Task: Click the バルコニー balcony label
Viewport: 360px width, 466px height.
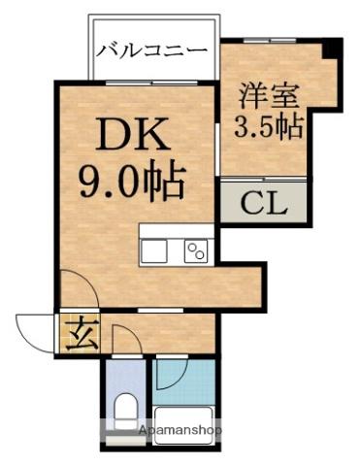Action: pos(152,50)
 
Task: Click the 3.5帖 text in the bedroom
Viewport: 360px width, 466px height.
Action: pos(267,127)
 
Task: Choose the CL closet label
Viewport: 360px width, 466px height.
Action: pos(262,205)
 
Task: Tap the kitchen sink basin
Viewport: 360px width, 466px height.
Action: pos(155,250)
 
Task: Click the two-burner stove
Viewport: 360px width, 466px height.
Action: pos(195,250)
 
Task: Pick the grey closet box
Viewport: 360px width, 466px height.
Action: pos(262,204)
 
